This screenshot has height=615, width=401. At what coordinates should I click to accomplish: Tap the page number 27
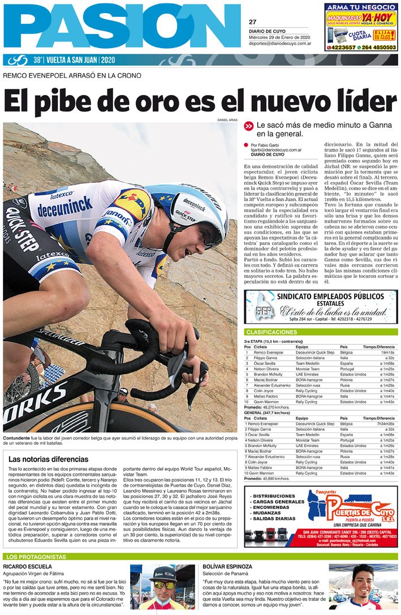pyautogui.click(x=252, y=22)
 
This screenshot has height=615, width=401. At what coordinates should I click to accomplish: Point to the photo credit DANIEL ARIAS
pyautogui.click(x=228, y=120)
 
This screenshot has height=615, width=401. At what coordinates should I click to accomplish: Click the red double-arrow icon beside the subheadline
pyautogui.click(x=248, y=126)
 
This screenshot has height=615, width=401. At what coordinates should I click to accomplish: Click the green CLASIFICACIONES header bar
pyautogui.click(x=321, y=332)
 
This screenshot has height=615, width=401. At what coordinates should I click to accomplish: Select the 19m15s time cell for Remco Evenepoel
pyautogui.click(x=386, y=352)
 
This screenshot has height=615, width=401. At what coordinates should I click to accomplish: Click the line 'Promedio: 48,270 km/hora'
pyautogui.click(x=267, y=407)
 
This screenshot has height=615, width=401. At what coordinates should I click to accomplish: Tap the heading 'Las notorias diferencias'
pyautogui.click(x=48, y=459)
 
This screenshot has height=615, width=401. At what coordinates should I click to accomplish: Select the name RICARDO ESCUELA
pyautogui.click(x=27, y=566)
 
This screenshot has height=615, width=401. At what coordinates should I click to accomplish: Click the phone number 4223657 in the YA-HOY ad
pyautogui.click(x=343, y=48)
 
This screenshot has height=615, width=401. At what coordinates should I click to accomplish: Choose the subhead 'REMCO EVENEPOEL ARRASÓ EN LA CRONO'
pyautogui.click(x=72, y=75)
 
